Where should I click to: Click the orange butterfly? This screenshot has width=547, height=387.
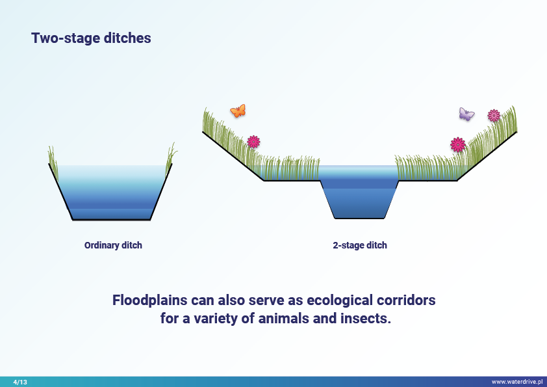[x=238, y=111]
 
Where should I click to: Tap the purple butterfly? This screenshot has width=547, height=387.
[x=466, y=114]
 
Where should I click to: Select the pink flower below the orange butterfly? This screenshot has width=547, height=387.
[x=253, y=141]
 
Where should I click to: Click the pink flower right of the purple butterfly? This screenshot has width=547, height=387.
[x=494, y=115]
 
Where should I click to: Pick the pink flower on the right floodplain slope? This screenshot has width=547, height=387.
[x=458, y=144]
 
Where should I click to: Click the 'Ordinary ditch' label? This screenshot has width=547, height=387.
[x=113, y=245]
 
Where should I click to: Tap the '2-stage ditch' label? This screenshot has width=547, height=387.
[x=359, y=245]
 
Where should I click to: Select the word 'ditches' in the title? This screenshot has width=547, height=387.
[x=127, y=38]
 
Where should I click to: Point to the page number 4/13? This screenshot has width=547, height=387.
[x=20, y=382]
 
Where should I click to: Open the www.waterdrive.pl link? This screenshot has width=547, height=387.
[x=516, y=382]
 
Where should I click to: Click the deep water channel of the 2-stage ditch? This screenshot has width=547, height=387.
[x=361, y=202]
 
